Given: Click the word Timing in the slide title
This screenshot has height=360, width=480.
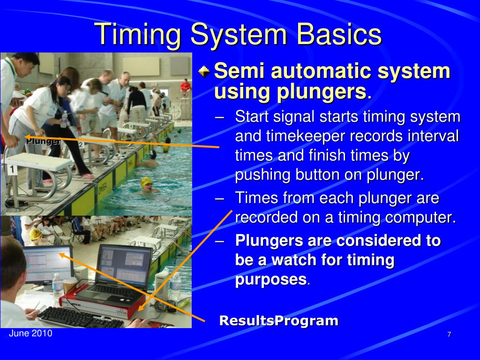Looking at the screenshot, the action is [138, 35].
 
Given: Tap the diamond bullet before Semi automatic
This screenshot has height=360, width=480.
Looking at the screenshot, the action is [204, 72].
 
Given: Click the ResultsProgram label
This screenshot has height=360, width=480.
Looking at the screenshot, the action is [279, 321].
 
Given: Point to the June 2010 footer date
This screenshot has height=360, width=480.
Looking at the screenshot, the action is [30, 333].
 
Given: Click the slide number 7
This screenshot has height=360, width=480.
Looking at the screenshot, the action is [449, 334].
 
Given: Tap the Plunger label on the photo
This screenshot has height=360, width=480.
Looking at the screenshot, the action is [43, 142].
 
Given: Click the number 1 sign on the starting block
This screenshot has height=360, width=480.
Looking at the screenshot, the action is [12, 170].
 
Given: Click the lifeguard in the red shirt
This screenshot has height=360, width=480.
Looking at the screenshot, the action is [185, 86].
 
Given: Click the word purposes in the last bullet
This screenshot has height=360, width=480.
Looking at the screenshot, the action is [270, 279].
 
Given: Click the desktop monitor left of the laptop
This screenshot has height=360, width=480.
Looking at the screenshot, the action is [48, 264].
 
